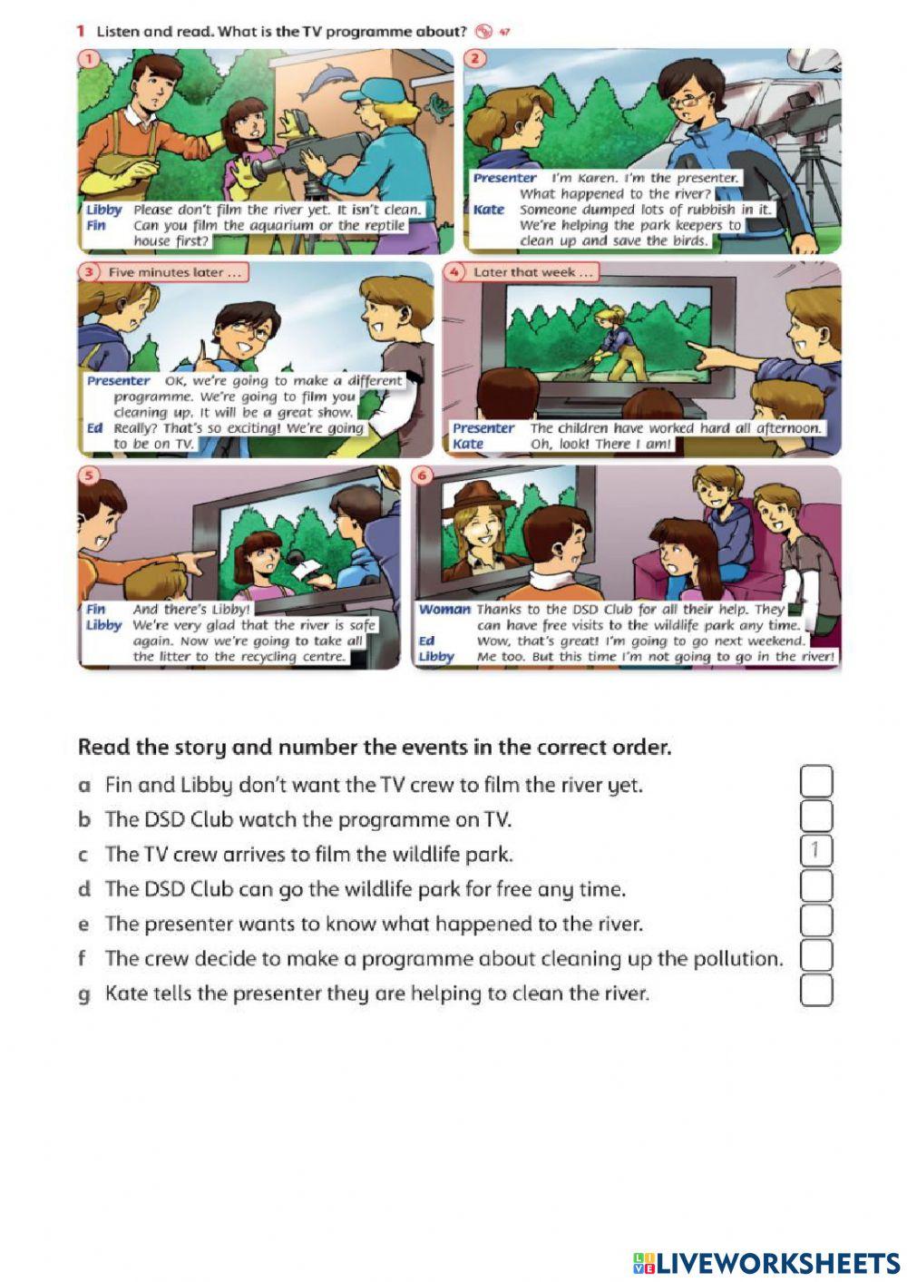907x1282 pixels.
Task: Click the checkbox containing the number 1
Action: [816, 851]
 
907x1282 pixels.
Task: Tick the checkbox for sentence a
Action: [816, 781]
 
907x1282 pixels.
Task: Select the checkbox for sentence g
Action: [816, 990]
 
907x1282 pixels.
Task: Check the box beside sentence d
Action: [816, 886]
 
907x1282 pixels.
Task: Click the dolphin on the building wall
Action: [322, 81]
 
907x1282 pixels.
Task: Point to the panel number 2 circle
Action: [474, 58]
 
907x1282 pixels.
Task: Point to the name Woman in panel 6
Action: [444, 610]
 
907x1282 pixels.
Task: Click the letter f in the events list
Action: [83, 957]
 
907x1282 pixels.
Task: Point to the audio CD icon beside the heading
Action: [483, 32]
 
